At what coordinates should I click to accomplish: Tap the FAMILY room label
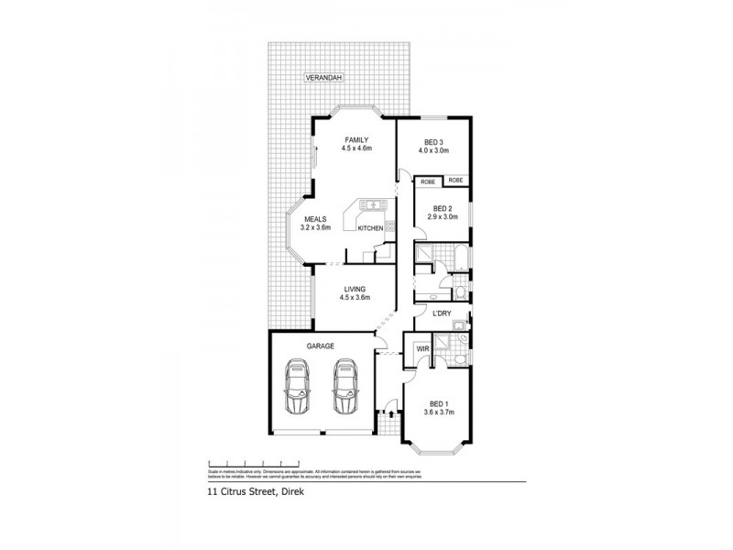coord(344,139)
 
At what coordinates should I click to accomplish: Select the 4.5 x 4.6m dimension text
coord(344,148)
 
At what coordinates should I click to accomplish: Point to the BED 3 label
coord(433,142)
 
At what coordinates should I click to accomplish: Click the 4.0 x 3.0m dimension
coord(433,151)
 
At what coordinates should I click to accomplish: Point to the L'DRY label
coord(443,314)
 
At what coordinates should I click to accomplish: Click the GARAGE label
coord(320,346)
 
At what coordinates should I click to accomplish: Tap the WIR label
coord(422,349)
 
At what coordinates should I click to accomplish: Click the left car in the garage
coord(297,388)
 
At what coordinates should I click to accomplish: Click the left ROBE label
coord(427,181)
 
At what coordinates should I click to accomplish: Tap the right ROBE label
coord(455,181)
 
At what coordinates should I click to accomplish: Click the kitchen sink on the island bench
coord(373,203)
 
